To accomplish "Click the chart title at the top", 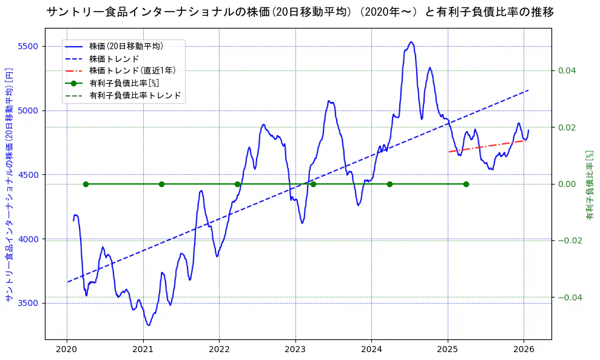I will tap(300, 12).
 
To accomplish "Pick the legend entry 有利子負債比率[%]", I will tap(124, 83).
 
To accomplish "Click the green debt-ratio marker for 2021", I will tap(161, 184).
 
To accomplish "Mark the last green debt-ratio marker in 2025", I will tap(466, 184).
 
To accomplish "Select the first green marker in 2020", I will tap(86, 184).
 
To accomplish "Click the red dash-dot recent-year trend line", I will tap(485, 146).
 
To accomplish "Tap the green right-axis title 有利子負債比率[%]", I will tap(589, 185).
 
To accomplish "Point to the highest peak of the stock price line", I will tap(411, 42).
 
